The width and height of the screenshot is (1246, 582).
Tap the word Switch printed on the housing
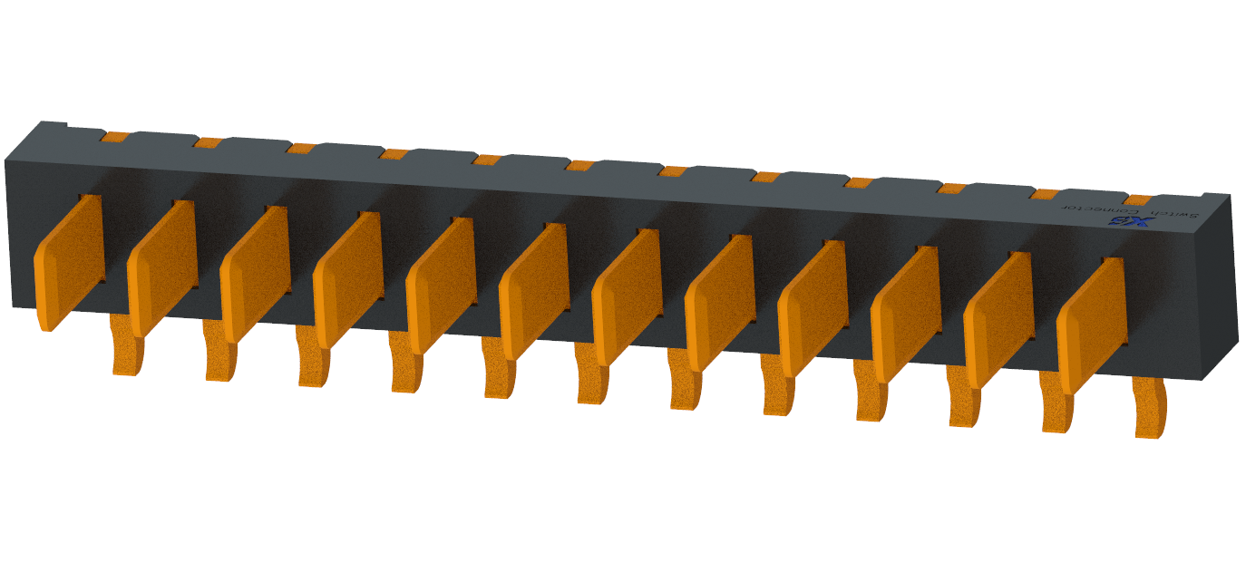[1177, 214]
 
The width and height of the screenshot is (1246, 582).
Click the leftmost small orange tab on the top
[115, 137]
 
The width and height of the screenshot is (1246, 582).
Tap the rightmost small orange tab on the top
[1137, 199]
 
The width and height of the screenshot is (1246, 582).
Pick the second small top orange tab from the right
[1045, 194]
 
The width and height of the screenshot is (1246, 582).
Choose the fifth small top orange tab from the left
[487, 160]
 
